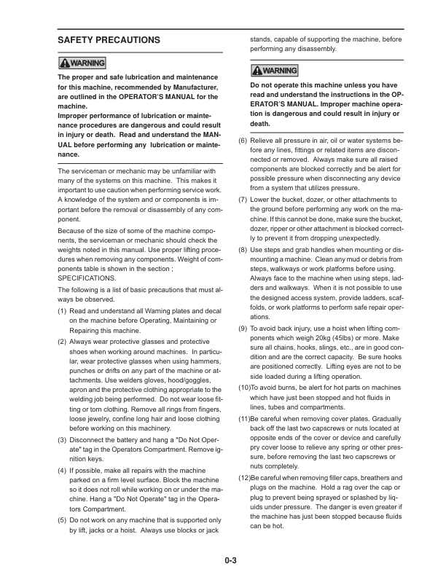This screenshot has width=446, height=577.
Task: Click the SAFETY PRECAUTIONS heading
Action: point(109,39)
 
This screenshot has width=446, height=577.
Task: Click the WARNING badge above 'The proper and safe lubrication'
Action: point(82,63)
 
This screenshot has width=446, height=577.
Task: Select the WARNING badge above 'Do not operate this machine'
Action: point(274,71)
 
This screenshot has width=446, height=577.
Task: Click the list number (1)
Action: point(63,311)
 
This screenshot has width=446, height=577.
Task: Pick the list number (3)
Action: point(63,440)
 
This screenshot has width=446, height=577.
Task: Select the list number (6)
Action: point(244,138)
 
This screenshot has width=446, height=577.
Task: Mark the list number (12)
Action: point(245,477)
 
